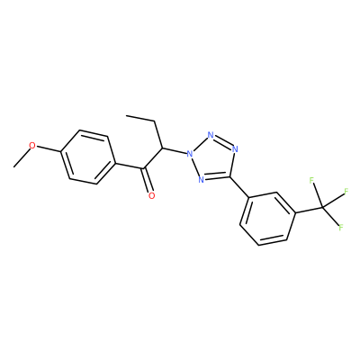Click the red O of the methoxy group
pyautogui.click(x=32, y=146)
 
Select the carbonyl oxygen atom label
pyautogui.click(x=152, y=196)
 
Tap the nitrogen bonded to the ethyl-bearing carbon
pyautogui.click(x=189, y=155)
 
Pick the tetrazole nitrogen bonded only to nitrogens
pyautogui.click(x=211, y=135)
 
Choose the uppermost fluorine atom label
pyautogui.click(x=311, y=181)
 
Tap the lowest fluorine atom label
pyautogui.click(x=341, y=228)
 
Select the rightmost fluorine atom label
pyautogui.click(x=346, y=191)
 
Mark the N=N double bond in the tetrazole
pyautogui.click(x=223, y=141)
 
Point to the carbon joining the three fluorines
pyautogui.click(x=322, y=207)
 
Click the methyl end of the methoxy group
pyautogui.click(x=14, y=166)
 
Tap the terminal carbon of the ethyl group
pyautogui.click(x=127, y=115)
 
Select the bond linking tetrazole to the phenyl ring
pyautogui.click(x=239, y=186)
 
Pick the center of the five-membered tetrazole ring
pyautogui.click(x=213, y=158)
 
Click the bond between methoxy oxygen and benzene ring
pyautogui.click(x=49, y=149)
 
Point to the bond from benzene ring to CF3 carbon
pyautogui.click(x=310, y=211)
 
